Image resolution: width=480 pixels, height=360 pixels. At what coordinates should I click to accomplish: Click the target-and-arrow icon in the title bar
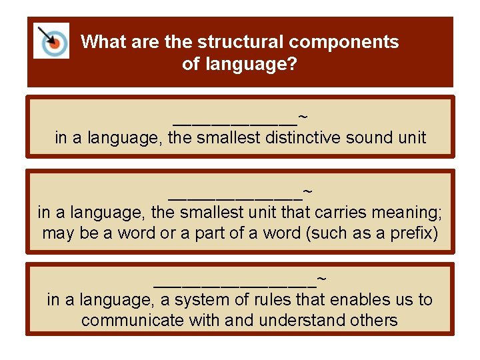51,41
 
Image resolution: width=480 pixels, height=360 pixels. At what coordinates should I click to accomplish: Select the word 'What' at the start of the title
102,42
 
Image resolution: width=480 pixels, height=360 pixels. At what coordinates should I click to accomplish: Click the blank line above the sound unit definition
235,122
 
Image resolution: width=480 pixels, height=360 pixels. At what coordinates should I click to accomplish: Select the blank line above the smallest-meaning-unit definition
235,196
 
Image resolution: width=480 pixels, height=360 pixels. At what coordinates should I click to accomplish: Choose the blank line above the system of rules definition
235,283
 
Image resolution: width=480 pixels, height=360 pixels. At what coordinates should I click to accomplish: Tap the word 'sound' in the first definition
367,139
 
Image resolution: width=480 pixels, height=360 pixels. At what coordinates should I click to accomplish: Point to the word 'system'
193,300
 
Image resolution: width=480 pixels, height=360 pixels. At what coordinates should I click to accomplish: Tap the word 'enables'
339,300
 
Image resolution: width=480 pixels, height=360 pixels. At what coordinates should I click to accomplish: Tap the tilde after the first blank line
303,117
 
